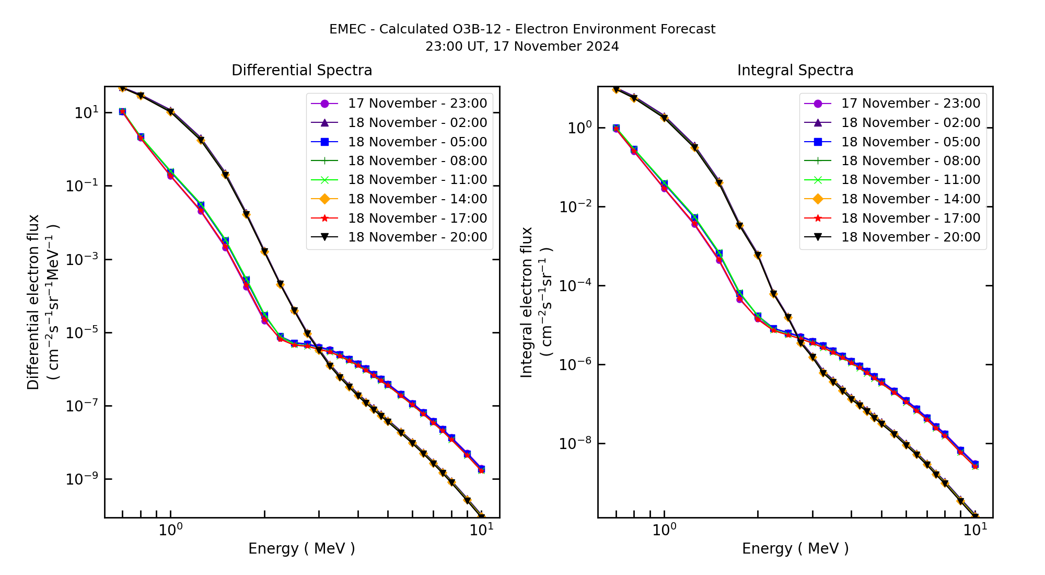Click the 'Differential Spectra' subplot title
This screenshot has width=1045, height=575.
(x=301, y=70)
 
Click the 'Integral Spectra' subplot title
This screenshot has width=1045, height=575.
(x=795, y=70)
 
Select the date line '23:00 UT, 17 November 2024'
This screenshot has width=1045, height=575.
(x=522, y=47)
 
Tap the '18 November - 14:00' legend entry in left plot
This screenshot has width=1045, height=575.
(x=417, y=199)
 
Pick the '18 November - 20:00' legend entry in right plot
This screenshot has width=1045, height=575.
(x=910, y=237)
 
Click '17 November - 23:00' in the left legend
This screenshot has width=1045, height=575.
(x=417, y=103)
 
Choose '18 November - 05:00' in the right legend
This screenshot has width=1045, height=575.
(x=910, y=142)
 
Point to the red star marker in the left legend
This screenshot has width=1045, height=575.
(x=324, y=218)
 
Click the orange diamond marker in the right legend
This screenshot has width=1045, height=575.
(x=818, y=199)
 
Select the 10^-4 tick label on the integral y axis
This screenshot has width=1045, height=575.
(x=573, y=285)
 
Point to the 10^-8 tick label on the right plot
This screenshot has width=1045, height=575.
(x=573, y=443)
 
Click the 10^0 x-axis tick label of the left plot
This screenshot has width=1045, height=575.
(x=170, y=530)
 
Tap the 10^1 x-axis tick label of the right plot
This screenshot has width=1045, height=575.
(x=975, y=530)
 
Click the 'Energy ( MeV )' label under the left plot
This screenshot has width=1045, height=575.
(x=301, y=548)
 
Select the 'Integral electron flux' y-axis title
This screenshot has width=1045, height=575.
(x=527, y=302)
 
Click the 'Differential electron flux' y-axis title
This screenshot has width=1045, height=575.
(x=33, y=302)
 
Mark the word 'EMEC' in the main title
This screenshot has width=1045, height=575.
(x=347, y=29)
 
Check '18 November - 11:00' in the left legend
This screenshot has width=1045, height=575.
(x=417, y=180)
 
